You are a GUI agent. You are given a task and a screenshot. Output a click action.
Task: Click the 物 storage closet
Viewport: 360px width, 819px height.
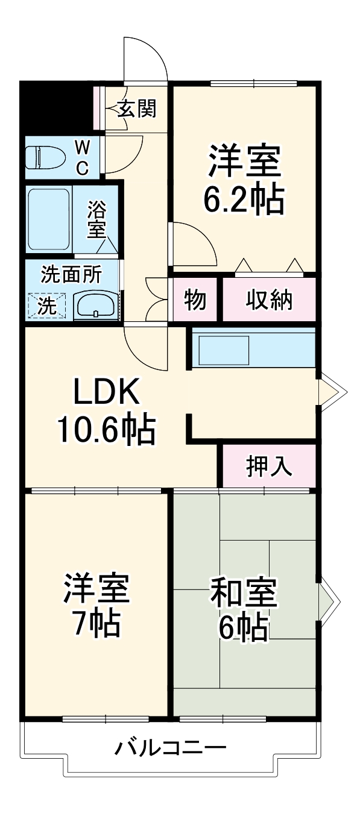tap(195, 300)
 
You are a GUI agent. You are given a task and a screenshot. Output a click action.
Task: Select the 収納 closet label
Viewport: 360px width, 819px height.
tap(268, 300)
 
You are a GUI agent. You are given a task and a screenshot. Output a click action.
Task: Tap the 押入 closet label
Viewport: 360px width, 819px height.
tap(268, 465)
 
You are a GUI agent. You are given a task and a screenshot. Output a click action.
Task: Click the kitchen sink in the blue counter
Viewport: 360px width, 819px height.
tap(224, 350)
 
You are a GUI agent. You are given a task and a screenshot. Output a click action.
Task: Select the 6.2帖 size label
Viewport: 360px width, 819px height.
tap(243, 200)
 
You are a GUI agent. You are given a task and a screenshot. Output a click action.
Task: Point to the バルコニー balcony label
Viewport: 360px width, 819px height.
tap(171, 749)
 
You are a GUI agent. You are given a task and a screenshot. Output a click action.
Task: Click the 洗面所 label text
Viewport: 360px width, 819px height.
tap(71, 274)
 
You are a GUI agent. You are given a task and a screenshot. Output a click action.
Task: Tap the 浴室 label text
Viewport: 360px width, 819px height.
tap(96, 219)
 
